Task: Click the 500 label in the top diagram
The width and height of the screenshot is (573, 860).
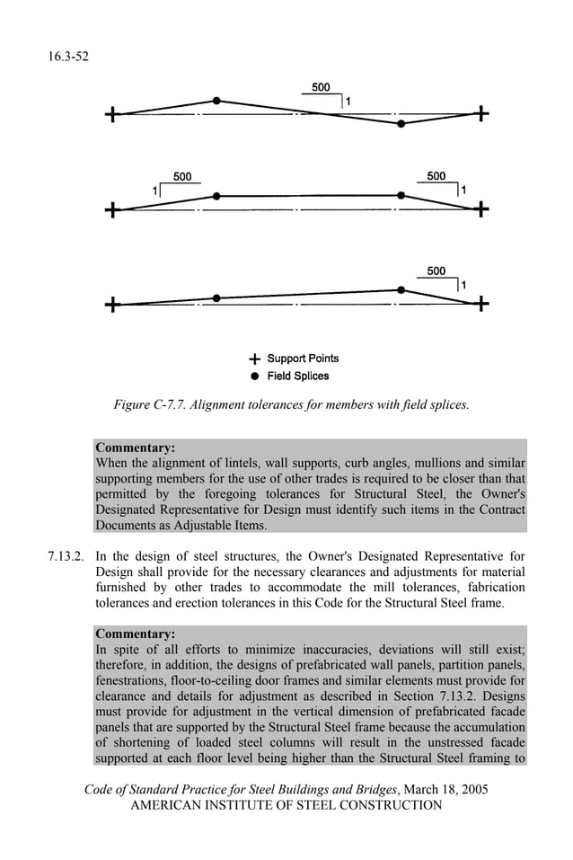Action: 321,87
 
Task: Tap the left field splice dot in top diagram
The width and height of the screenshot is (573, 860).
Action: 216,101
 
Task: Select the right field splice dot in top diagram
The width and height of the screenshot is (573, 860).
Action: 401,124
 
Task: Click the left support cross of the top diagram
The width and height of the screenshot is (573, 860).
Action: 110,115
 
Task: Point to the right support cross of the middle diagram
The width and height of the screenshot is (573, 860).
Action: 481,209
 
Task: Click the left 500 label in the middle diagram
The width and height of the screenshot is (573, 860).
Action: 182,177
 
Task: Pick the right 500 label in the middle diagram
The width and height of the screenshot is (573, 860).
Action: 436,176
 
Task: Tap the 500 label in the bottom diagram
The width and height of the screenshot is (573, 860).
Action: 436,271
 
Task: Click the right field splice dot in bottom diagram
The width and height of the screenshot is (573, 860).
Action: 401,289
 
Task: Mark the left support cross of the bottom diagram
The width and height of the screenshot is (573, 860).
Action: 110,306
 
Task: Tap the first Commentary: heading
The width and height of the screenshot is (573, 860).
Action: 135,447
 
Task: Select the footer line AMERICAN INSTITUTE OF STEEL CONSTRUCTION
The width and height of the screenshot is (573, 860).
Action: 286,805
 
